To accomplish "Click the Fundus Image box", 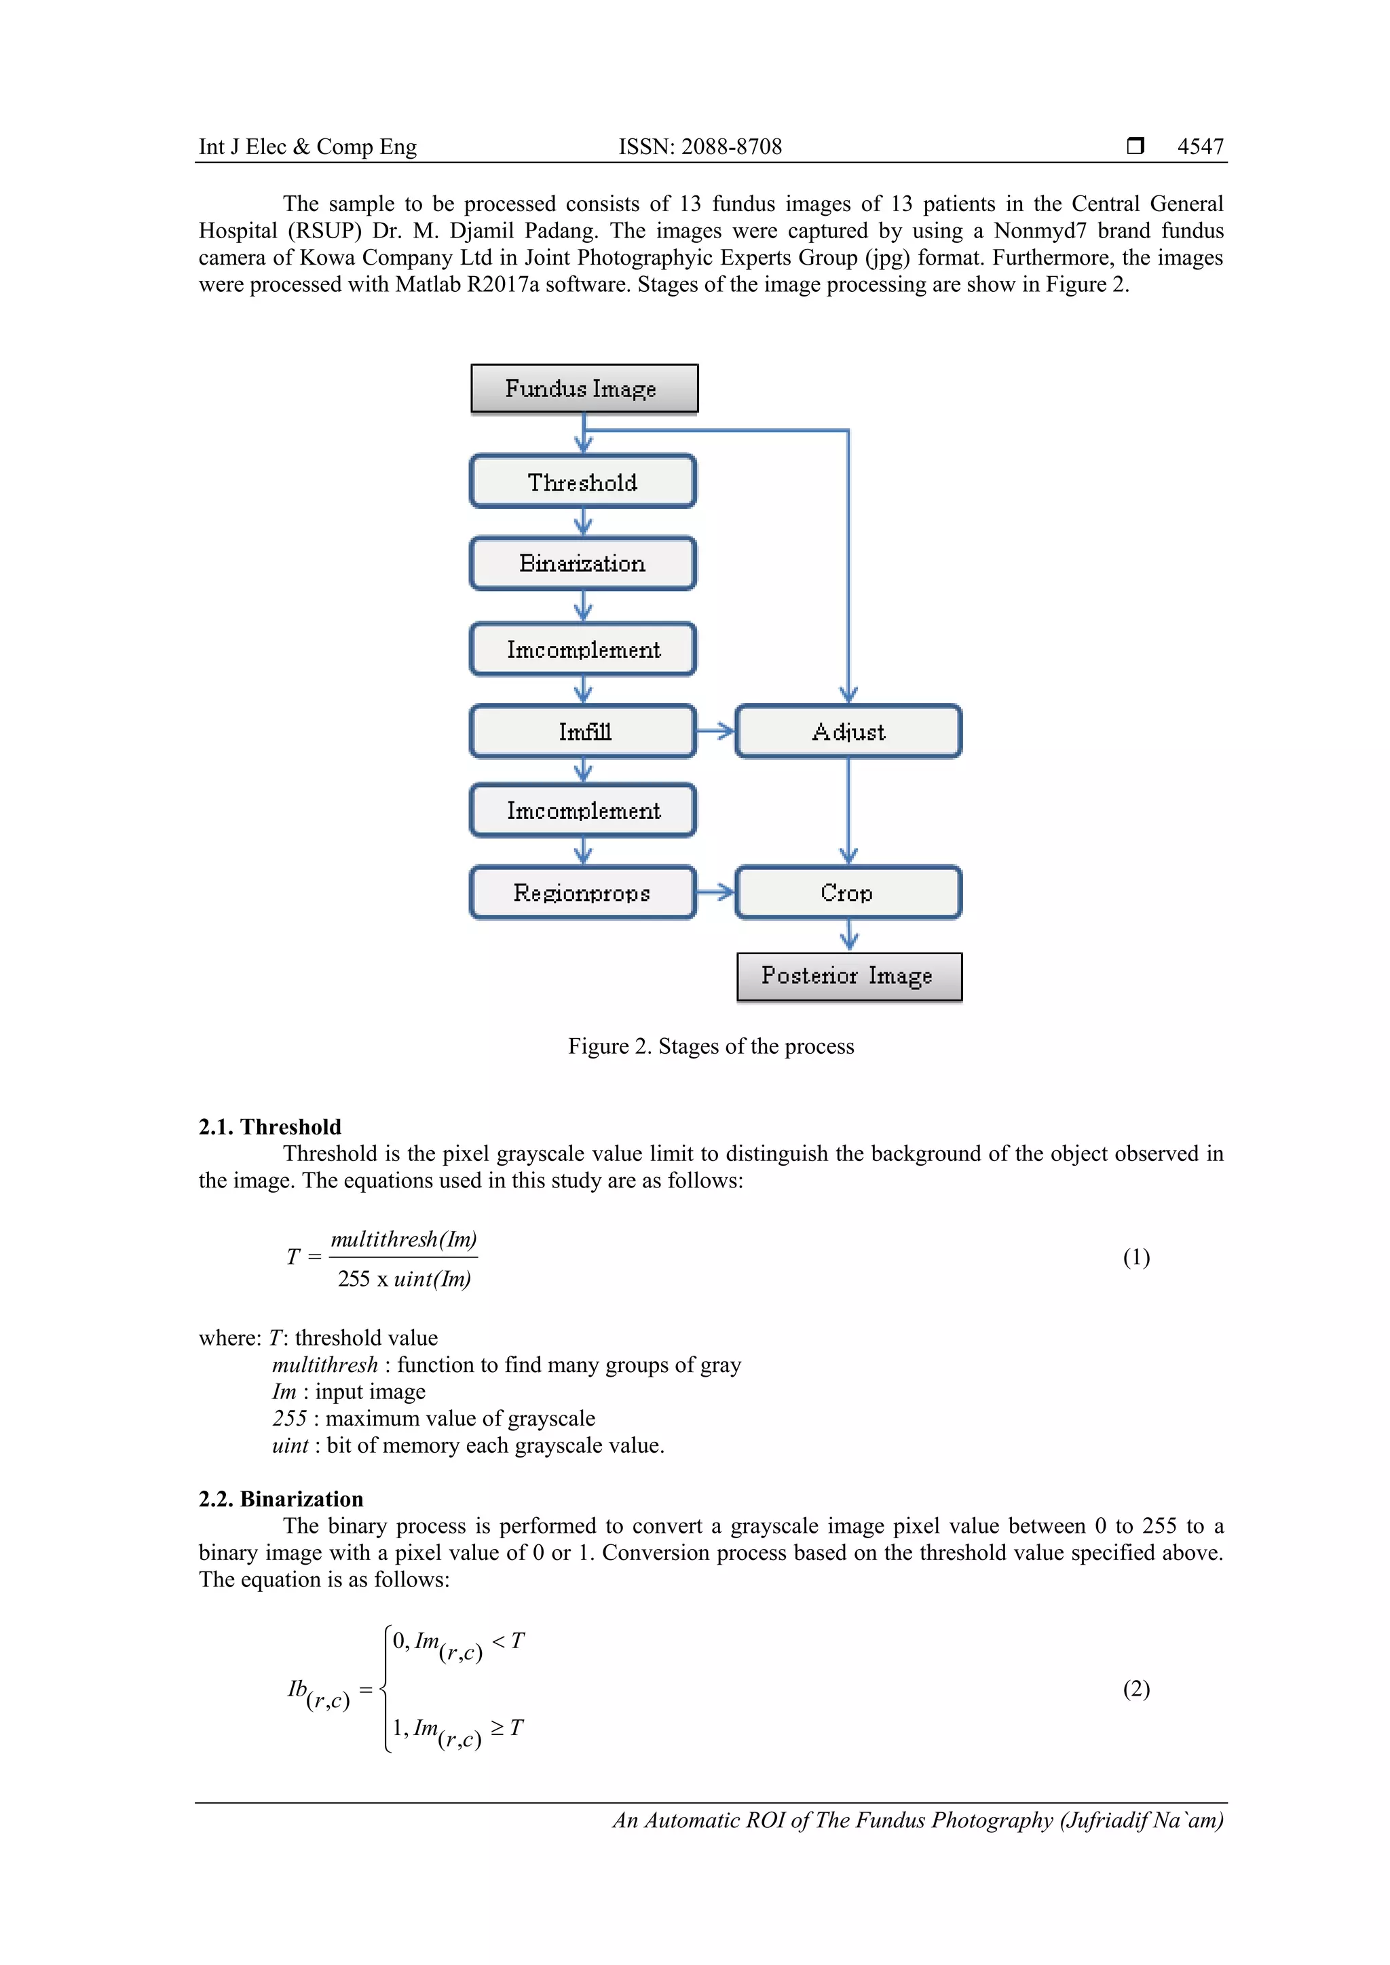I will (584, 389).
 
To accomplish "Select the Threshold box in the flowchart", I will (583, 482).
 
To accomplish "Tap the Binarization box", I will (583, 563).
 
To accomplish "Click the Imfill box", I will (583, 731).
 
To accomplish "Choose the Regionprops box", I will (583, 893).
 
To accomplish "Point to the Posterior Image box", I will (848, 976).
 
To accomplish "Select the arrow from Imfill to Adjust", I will (715, 731).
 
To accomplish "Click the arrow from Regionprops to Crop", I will (715, 893).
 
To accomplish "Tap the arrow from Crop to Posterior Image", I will (848, 934).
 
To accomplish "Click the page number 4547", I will (1200, 147).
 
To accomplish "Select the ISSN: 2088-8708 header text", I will (700, 147).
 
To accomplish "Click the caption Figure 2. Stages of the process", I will (711, 1046).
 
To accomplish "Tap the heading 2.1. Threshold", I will (269, 1126).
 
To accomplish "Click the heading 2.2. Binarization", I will (281, 1499).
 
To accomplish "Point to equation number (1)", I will (1135, 1257).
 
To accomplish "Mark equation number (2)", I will (1135, 1689).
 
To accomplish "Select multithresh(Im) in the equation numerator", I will (403, 1239).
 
